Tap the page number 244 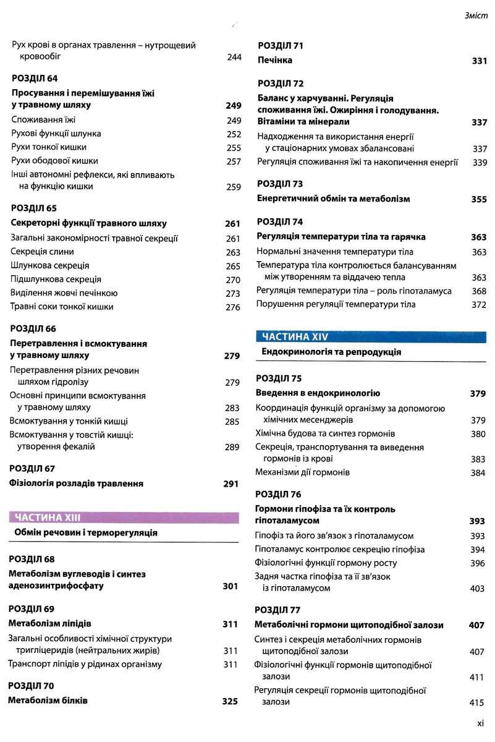pos(234,57)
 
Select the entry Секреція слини pos(43,252)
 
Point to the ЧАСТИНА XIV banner pos(295,336)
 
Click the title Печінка pos(275,61)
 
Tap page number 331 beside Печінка pos(480,61)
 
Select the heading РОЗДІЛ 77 pos(278,610)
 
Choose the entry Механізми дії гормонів pos(303,472)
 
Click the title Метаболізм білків pos(48,701)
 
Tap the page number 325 pos(230,701)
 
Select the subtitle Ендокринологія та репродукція pos(331,352)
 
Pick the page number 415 pos(476,702)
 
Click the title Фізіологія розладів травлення pos(77,484)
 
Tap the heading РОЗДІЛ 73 pos(280,184)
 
